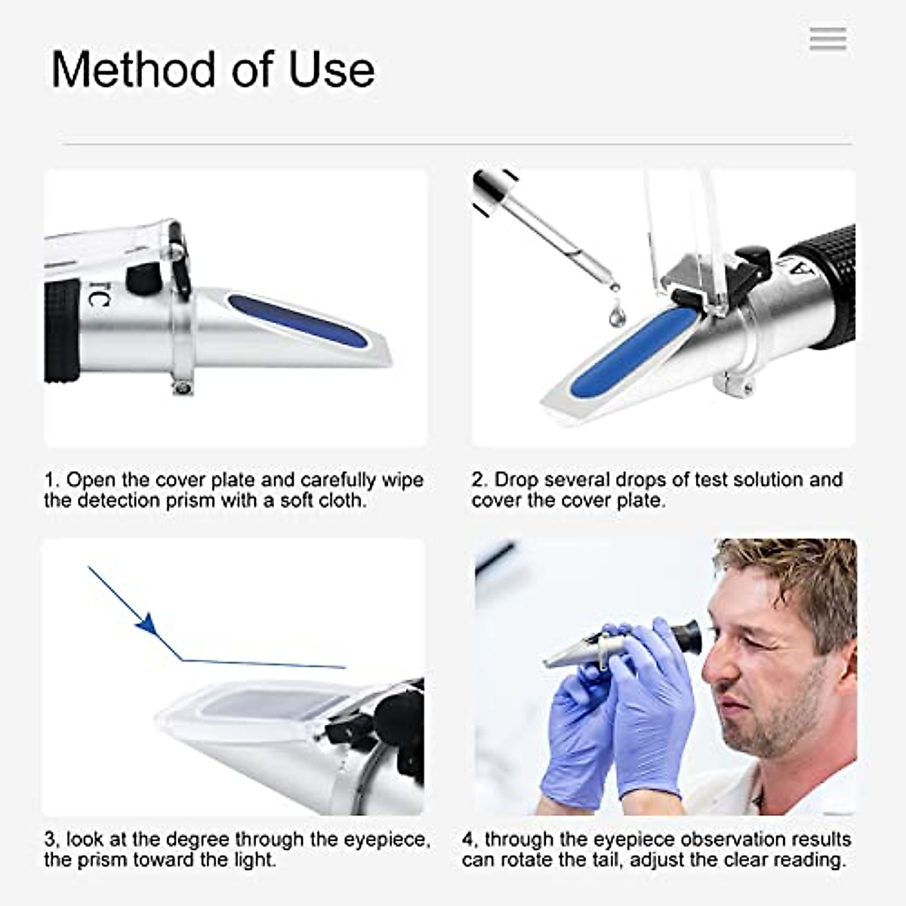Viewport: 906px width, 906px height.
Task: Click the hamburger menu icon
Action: click(827, 39)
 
